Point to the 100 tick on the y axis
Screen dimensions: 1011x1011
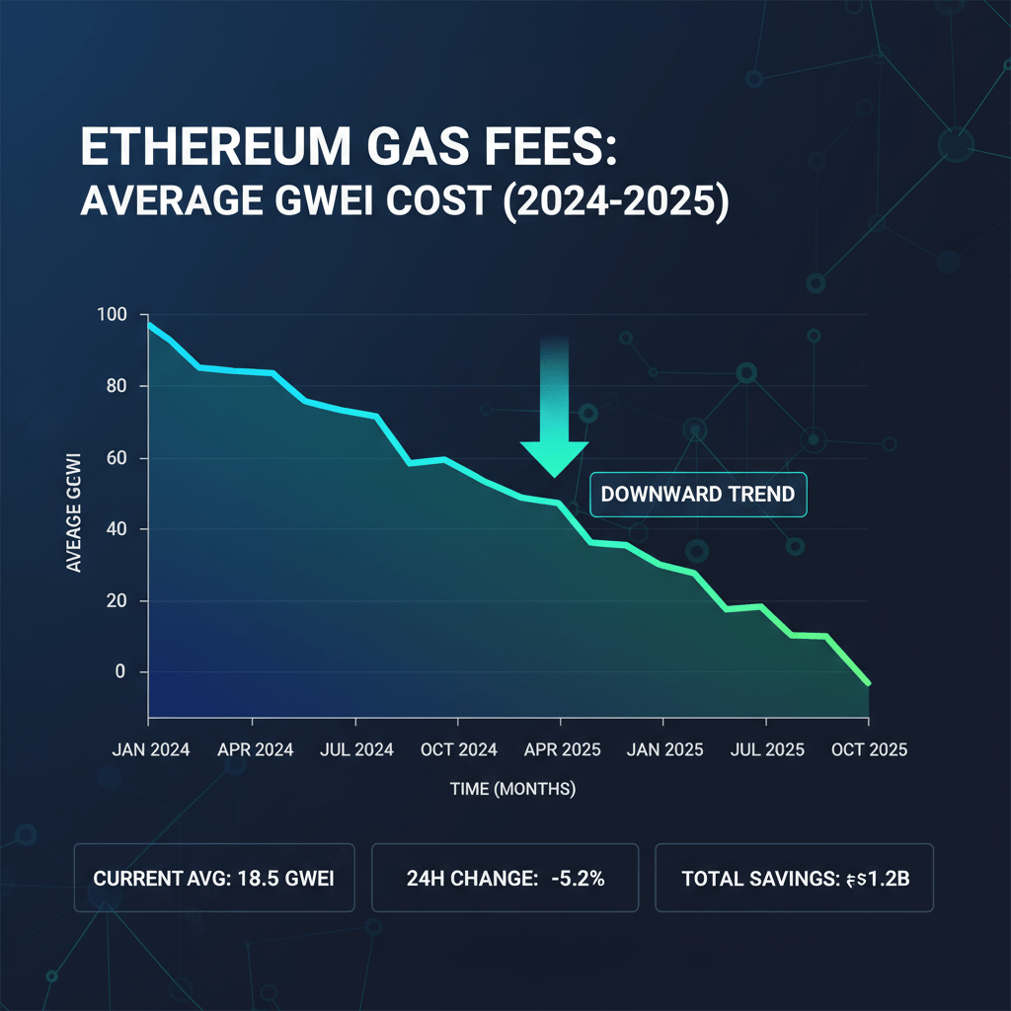click(113, 315)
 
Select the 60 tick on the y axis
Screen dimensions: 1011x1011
click(117, 458)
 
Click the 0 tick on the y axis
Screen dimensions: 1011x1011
click(120, 672)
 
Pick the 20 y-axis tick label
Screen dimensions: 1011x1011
click(117, 601)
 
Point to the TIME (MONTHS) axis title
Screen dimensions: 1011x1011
click(511, 789)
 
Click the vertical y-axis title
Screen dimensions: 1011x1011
click(75, 511)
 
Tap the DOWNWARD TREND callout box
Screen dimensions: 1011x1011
click(698, 494)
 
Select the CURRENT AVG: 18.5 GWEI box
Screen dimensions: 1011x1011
click(214, 877)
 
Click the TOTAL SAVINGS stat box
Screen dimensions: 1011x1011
click(794, 877)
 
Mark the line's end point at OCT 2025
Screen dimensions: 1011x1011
click(869, 683)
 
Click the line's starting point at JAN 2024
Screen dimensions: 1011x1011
click(149, 324)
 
